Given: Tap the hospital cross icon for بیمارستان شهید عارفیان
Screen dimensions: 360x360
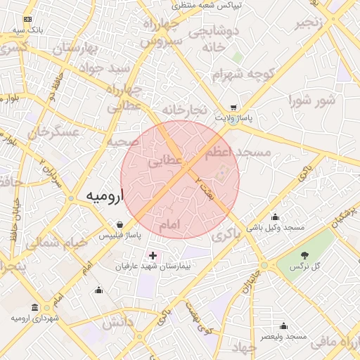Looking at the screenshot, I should [153, 254].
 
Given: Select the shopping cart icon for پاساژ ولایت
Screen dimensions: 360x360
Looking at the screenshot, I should [233, 108].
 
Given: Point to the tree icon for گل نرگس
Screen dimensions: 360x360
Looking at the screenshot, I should [304, 254].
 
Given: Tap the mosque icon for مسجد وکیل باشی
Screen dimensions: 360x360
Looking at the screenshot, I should [275, 217].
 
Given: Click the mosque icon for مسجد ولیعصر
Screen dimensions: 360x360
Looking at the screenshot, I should [283, 326].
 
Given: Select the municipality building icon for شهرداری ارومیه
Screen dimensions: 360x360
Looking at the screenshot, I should [35, 307].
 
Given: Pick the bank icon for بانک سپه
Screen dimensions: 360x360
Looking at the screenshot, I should [27, 20].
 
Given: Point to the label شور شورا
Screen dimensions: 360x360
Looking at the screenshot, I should [311, 101].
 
